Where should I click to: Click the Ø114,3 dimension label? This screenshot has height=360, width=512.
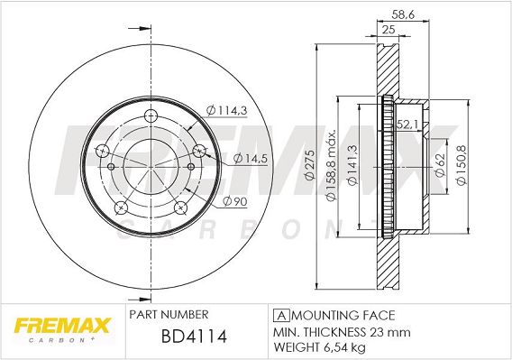[x=226, y=110]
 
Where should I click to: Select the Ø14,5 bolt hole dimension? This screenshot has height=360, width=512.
[x=251, y=159]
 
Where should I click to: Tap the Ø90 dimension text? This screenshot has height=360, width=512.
[x=235, y=202]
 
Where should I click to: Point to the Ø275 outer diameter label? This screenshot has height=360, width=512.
[x=309, y=165]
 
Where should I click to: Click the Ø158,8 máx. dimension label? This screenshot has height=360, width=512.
[x=332, y=166]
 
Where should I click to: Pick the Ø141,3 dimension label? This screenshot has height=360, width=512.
[x=352, y=165]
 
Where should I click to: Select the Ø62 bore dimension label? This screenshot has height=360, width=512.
[x=441, y=165]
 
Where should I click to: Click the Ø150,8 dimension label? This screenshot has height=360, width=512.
[x=462, y=165]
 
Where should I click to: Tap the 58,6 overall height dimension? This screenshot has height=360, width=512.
[x=403, y=14]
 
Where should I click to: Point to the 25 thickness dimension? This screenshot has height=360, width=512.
[x=389, y=30]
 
